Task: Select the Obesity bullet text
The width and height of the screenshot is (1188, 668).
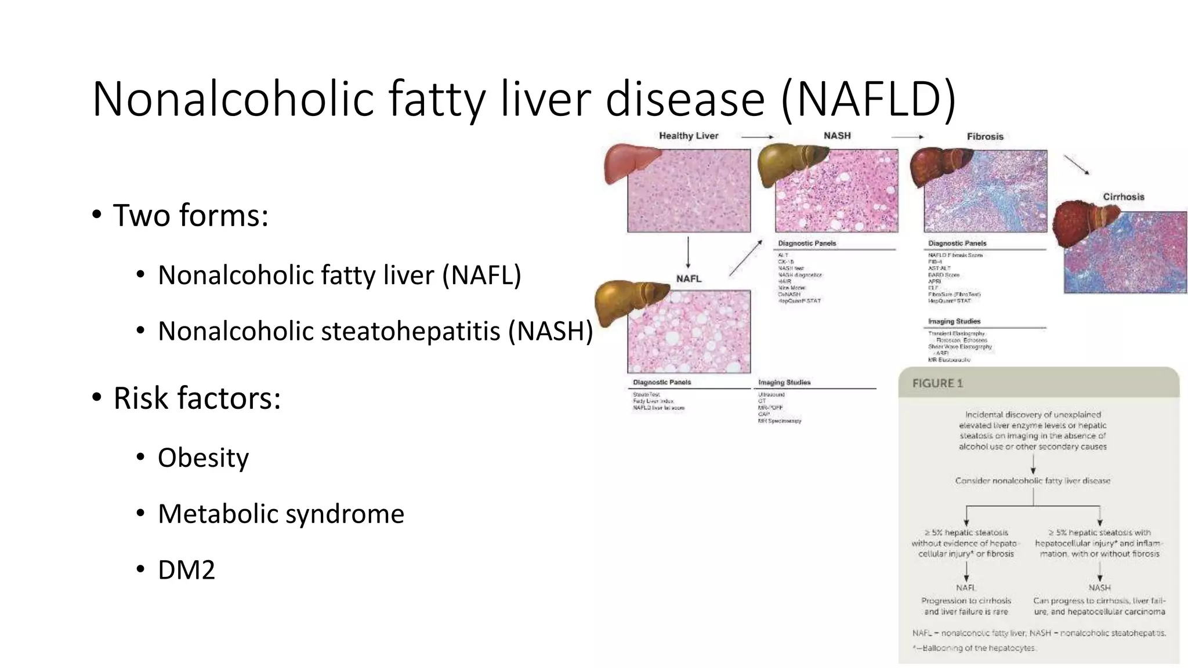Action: click(x=203, y=458)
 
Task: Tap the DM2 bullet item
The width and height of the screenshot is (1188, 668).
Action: click(x=186, y=570)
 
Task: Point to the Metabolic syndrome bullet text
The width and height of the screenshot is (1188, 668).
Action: click(x=281, y=514)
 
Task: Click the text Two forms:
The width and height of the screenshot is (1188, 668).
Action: click(x=190, y=216)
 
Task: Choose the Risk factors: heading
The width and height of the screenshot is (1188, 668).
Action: click(x=197, y=398)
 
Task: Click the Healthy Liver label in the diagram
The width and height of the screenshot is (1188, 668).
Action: click(x=688, y=136)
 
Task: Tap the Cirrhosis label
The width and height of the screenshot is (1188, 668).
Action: click(x=1123, y=197)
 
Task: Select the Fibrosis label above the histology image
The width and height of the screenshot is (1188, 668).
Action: click(x=984, y=136)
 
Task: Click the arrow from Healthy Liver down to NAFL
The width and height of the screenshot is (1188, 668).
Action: click(x=688, y=253)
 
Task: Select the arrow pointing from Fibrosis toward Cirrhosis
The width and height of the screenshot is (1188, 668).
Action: click(x=1076, y=165)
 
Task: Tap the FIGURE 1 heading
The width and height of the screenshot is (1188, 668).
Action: click(x=937, y=383)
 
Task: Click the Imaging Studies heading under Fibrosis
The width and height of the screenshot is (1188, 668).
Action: click(x=954, y=321)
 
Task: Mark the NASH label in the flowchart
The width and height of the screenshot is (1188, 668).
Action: click(x=1099, y=587)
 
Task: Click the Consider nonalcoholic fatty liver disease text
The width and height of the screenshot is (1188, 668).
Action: click(x=1033, y=481)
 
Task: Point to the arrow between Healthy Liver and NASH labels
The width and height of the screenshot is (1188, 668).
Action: click(x=757, y=137)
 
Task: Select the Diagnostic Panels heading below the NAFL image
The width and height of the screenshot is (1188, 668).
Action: click(x=661, y=383)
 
